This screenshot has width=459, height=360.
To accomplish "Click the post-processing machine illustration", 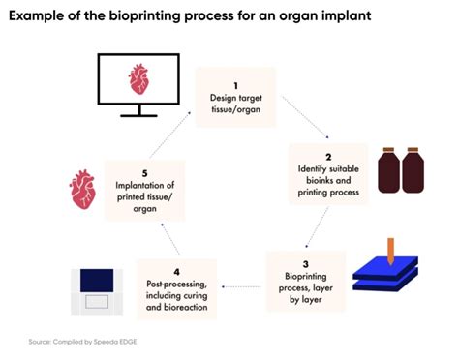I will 97,288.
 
